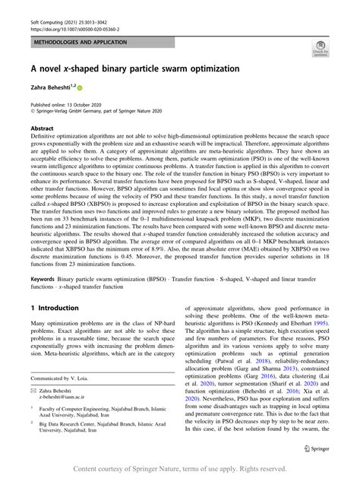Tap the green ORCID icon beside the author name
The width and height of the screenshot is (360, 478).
point(79,88)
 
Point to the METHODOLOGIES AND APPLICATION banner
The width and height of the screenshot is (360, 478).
point(80,43)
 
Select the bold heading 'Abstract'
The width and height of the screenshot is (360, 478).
point(43,129)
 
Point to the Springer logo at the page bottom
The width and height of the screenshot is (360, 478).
point(317,448)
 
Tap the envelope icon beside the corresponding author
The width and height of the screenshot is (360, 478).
point(34,389)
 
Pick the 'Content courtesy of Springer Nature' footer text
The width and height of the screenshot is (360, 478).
point(179,470)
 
